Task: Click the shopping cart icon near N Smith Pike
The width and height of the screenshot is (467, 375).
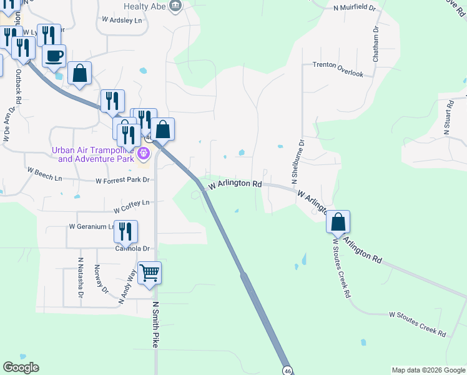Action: tap(149, 273)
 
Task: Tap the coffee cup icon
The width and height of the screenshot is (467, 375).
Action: tap(54, 56)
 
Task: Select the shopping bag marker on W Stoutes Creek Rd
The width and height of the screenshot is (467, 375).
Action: tap(338, 222)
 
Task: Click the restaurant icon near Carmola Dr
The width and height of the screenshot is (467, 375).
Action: tap(125, 232)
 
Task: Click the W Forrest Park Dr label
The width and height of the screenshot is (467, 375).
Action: tap(123, 181)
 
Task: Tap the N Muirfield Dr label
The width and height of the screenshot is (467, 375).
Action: tap(354, 8)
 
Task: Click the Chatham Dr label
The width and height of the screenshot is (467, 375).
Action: tap(376, 44)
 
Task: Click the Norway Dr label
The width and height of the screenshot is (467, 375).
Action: tap(100, 277)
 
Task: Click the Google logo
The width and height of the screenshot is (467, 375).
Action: tap(21, 367)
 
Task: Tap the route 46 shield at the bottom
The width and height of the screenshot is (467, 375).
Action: tap(287, 370)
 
